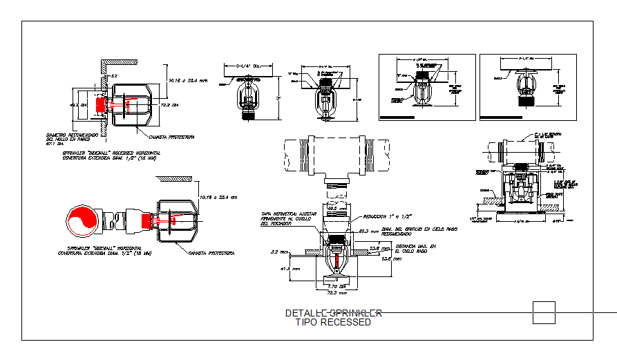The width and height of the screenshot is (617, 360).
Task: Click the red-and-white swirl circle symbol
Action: (x=82, y=221)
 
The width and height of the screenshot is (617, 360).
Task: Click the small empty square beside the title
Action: (x=544, y=312)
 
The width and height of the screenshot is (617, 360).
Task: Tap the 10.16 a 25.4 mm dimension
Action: (x=188, y=80)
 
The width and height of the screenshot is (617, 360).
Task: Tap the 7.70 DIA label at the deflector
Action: (x=336, y=285)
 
